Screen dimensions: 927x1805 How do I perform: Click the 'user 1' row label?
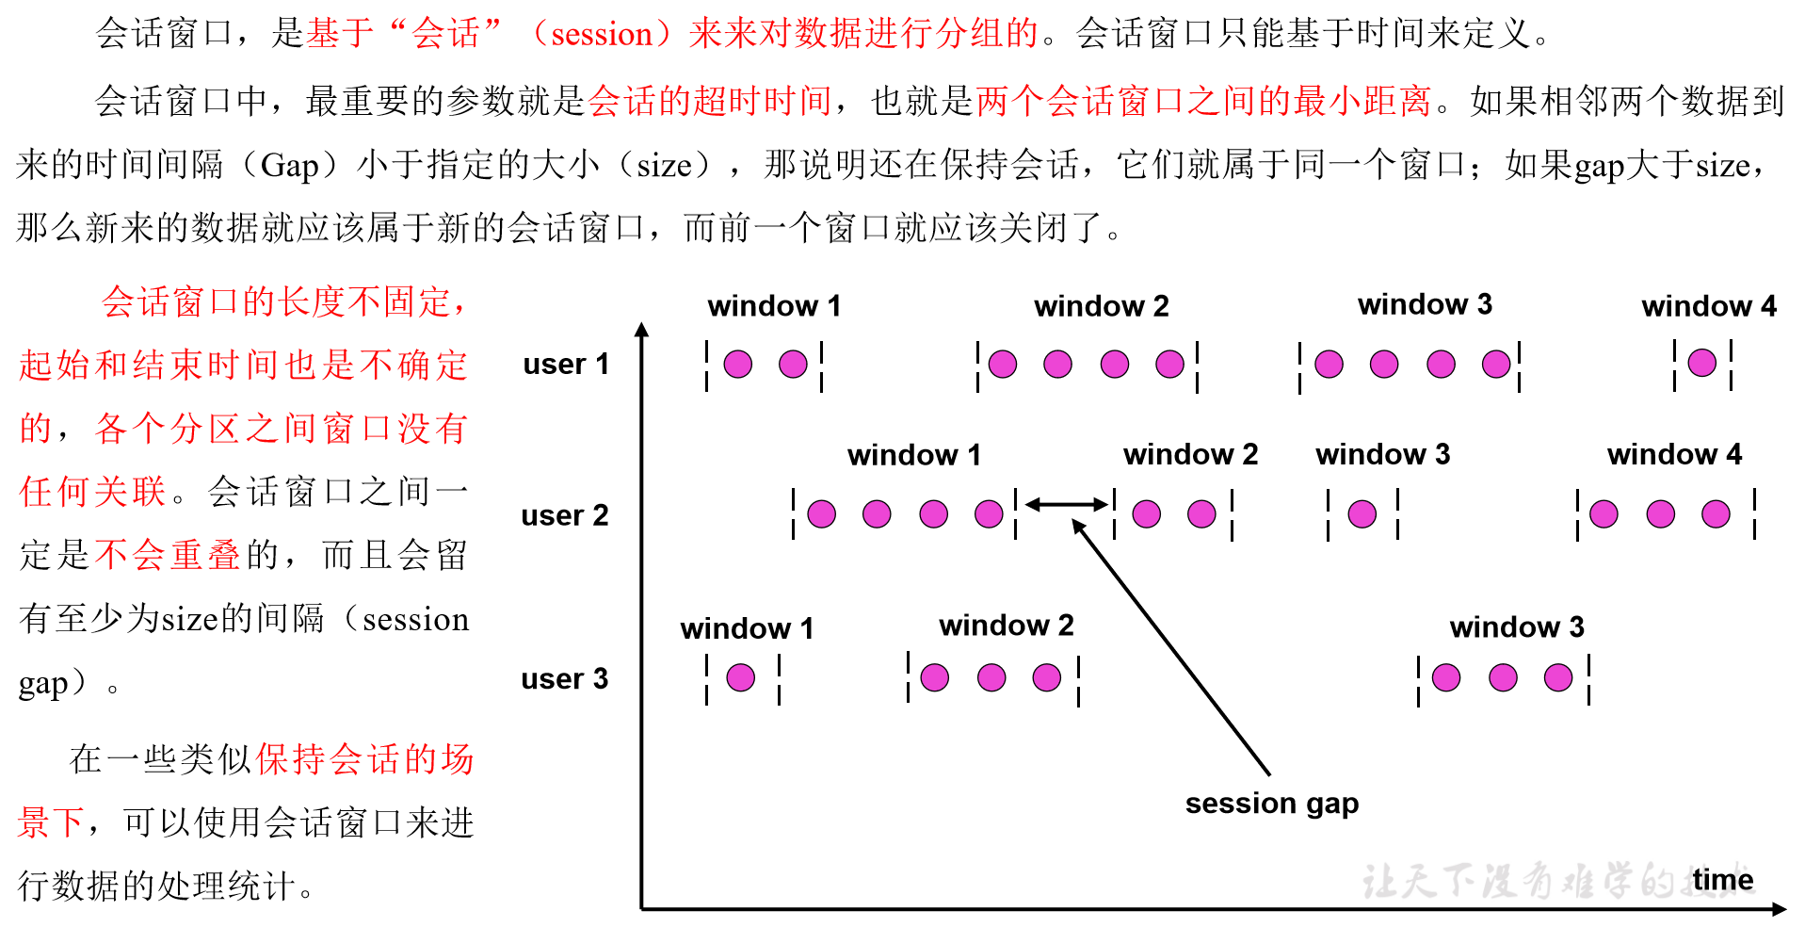click(x=566, y=364)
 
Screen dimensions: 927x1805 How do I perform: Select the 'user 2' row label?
click(x=565, y=515)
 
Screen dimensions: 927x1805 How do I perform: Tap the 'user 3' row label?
click(x=565, y=678)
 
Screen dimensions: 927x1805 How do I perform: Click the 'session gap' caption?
click(x=1271, y=804)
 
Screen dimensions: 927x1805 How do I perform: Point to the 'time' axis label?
click(x=1722, y=879)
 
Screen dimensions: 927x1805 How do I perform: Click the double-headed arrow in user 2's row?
click(x=1066, y=505)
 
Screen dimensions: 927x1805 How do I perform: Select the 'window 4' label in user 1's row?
click(x=1708, y=306)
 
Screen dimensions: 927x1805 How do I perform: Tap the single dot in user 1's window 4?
click(x=1701, y=363)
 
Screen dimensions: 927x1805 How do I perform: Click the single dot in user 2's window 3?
click(x=1362, y=513)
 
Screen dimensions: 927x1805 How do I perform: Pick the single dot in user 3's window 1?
click(x=741, y=677)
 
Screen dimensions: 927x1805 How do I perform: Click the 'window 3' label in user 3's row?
click(x=1516, y=627)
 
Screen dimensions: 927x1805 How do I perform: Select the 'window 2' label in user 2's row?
click(x=1190, y=455)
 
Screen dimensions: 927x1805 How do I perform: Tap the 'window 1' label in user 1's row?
click(x=774, y=306)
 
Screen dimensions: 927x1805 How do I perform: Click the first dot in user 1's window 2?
click(x=1003, y=364)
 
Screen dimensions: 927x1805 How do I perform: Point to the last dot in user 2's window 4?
click(x=1716, y=513)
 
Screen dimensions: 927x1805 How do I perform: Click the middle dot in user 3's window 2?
click(x=991, y=677)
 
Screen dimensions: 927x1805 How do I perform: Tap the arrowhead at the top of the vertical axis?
click(x=642, y=329)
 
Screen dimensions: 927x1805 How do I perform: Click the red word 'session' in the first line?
click(x=602, y=34)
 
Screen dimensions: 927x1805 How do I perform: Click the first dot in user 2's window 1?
click(x=821, y=513)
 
